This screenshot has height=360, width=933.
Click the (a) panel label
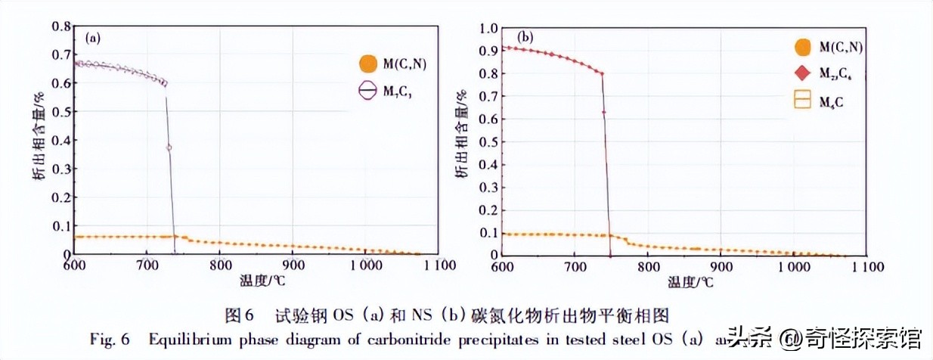(x=94, y=36)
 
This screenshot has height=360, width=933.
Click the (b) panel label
(x=525, y=36)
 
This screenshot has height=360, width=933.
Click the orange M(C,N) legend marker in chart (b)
(x=803, y=47)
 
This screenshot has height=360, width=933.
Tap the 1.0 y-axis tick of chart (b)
(x=488, y=29)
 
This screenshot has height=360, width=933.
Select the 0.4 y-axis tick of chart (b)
(x=488, y=164)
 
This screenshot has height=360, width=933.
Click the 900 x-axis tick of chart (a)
(x=292, y=266)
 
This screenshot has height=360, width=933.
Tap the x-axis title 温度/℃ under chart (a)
(x=256, y=282)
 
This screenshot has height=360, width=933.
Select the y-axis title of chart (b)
(x=460, y=135)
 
